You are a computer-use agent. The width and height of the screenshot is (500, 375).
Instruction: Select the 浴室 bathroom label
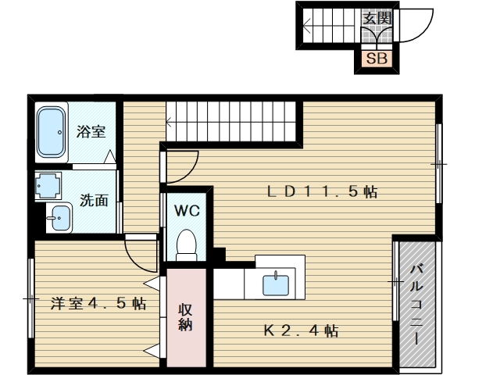coord(91,131)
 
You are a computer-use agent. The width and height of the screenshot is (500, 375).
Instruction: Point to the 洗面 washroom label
coord(95,199)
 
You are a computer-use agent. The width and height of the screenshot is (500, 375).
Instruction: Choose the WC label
coord(186,210)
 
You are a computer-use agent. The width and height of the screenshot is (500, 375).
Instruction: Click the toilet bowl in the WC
coord(186,245)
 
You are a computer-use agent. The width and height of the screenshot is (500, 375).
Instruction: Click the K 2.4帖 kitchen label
coord(300,331)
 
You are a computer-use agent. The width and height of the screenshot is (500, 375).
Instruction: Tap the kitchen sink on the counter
coord(275,283)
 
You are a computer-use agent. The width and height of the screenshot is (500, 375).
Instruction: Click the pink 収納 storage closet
coord(185,316)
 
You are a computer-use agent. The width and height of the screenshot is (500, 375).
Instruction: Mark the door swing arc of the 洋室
coord(141,252)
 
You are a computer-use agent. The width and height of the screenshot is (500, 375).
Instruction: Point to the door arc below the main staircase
coord(180,160)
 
